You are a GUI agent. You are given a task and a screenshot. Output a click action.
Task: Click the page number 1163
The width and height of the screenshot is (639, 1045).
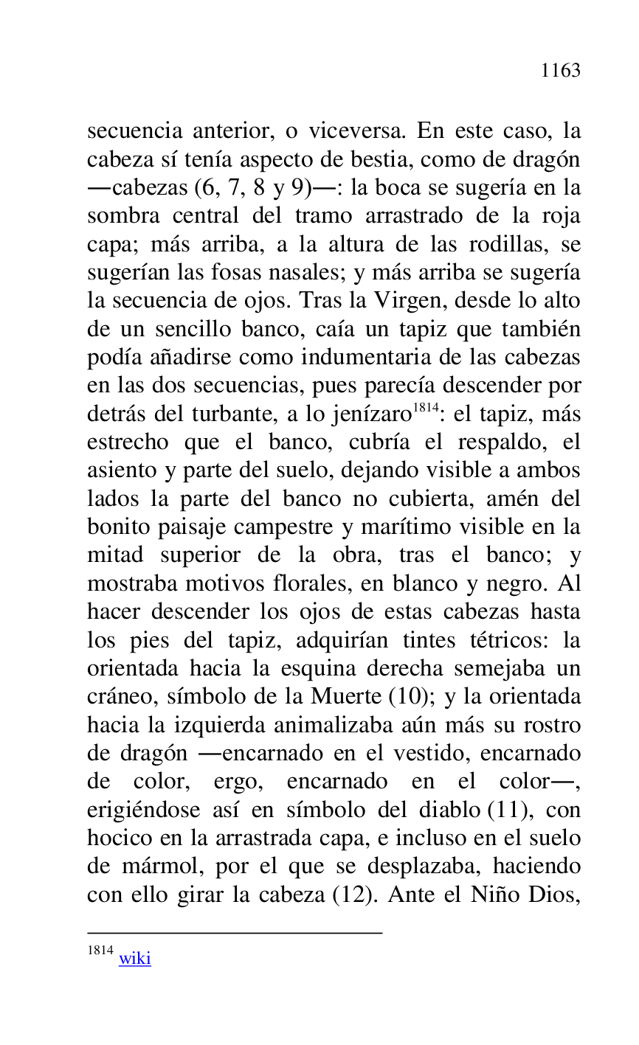[560, 71]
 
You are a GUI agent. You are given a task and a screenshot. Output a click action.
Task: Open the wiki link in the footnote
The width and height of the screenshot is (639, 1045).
[134, 959]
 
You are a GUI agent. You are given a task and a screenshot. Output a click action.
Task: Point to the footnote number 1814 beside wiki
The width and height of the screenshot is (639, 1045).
[100, 951]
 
